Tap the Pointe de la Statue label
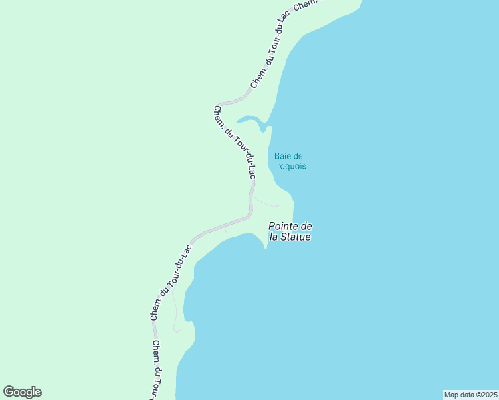click(x=290, y=231)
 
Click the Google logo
click(x=22, y=392)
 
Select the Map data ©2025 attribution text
click(x=470, y=394)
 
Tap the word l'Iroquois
click(x=289, y=167)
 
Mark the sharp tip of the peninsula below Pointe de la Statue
click(x=266, y=250)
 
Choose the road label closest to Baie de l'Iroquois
click(x=234, y=141)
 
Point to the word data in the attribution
click(x=467, y=394)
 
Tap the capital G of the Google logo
click(x=9, y=392)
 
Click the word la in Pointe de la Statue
click(x=274, y=237)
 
